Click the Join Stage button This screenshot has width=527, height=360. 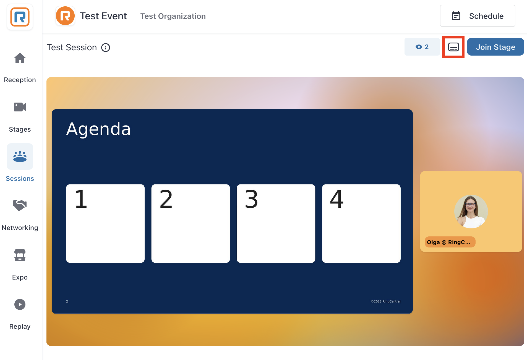point(495,47)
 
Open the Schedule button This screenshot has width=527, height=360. point(478,16)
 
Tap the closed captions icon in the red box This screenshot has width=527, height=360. point(453,47)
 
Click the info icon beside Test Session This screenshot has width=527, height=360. point(106,48)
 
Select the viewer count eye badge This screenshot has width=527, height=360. point(422,47)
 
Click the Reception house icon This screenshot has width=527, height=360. point(20,58)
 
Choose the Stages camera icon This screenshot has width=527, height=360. point(20,107)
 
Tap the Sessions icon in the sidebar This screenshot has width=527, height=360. point(20,156)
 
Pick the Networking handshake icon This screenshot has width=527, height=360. point(20,205)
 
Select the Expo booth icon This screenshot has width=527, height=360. point(20,255)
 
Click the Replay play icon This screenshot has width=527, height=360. point(20,304)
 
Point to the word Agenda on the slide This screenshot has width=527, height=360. point(98,129)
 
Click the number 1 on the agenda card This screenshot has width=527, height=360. point(81,199)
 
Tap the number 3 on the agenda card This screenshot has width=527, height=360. point(251,199)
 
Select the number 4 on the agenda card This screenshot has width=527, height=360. point(337,199)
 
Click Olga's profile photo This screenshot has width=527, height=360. point(471,212)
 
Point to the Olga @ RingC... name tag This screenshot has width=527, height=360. point(450,242)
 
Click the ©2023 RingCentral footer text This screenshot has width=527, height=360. point(386,301)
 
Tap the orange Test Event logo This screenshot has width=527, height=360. point(65,16)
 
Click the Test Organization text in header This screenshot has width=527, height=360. point(173,16)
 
